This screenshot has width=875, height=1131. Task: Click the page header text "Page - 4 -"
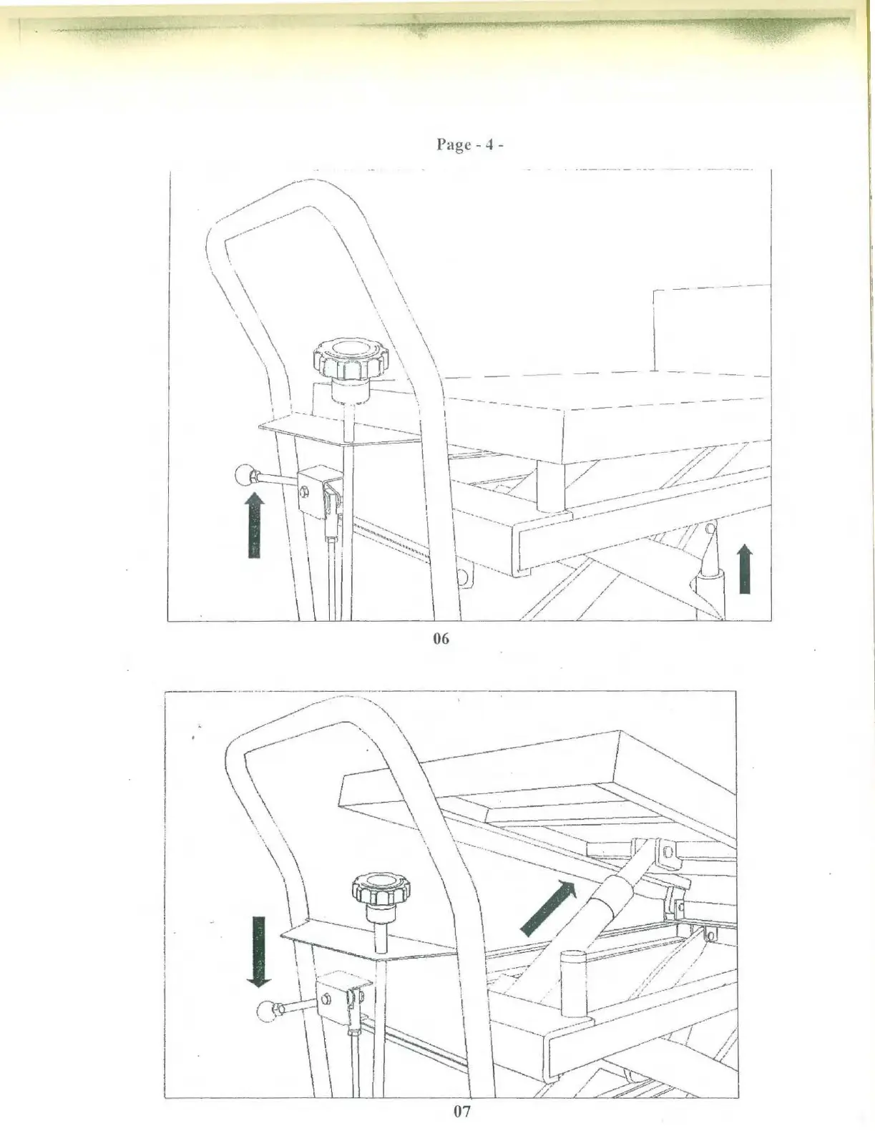[470, 145]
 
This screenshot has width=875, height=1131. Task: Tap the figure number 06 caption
[441, 638]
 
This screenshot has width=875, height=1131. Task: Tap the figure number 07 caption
[462, 1111]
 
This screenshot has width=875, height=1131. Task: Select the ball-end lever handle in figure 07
[265, 1011]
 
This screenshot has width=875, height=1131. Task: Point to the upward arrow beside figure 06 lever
[253, 526]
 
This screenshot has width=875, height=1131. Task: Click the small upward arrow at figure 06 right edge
[745, 569]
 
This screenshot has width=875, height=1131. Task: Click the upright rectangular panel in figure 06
[711, 329]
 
